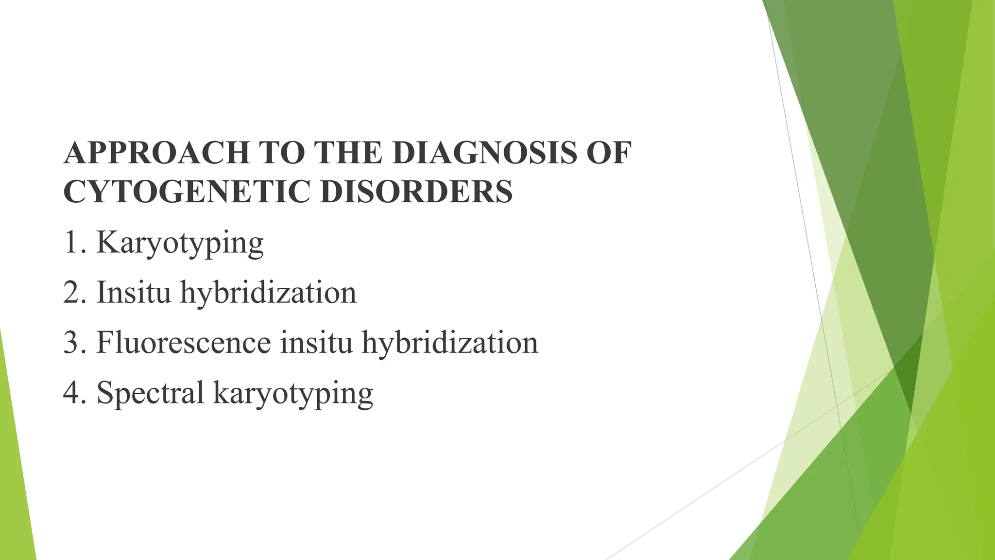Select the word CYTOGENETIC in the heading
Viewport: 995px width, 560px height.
click(x=187, y=191)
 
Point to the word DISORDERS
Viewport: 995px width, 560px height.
click(x=416, y=191)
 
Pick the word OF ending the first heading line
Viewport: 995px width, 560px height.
click(x=609, y=153)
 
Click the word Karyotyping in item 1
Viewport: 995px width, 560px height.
click(x=180, y=243)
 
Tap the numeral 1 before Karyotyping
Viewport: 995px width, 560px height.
click(x=71, y=243)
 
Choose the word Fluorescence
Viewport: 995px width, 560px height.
click(x=184, y=342)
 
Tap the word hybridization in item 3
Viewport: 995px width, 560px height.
click(x=450, y=342)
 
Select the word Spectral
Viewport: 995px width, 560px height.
click(x=150, y=393)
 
